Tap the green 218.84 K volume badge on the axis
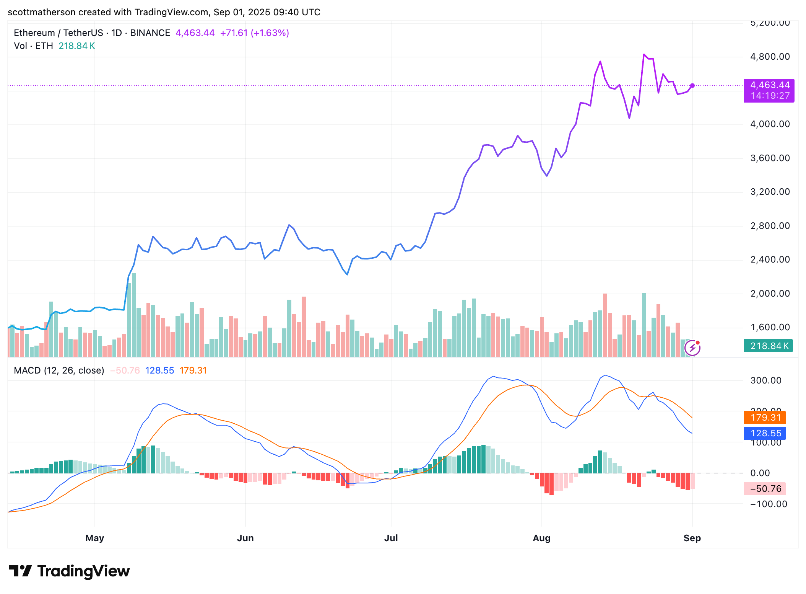768,346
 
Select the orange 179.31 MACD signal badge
765,418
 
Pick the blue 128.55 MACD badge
765,433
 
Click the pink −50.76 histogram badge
765,489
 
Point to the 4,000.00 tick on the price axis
770,124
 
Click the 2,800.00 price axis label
770,226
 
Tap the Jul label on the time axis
391,538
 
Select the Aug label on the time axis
541,538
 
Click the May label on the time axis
94,538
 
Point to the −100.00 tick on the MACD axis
768,504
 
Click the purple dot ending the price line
692,85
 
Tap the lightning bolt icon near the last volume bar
692,348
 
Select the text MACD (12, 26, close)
59,370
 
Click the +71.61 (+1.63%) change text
254,33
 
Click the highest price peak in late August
644,55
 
